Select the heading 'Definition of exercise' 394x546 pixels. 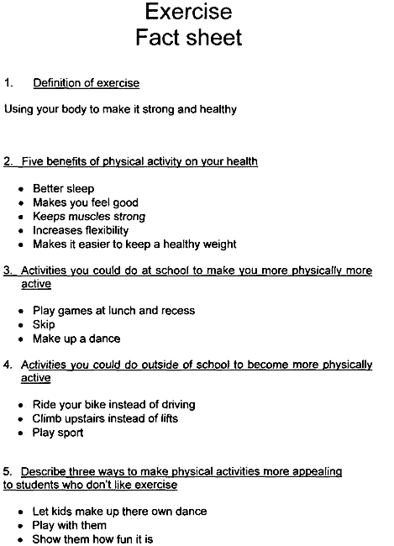coord(86,83)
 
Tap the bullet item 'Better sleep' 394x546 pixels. coord(63,188)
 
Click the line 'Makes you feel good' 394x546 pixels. coord(85,202)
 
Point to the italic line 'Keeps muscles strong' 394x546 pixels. coord(88,217)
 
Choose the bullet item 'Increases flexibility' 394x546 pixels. coord(80,230)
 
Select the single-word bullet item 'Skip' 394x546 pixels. coord(44,324)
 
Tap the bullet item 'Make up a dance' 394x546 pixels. coord(76,339)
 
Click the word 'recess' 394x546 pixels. coord(177,311)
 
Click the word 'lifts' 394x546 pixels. coord(165,418)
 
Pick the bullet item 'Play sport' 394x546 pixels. coord(58,433)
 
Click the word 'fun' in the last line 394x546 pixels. coord(123,539)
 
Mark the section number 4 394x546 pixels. coord(8,365)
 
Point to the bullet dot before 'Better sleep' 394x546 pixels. coord(21,189)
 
